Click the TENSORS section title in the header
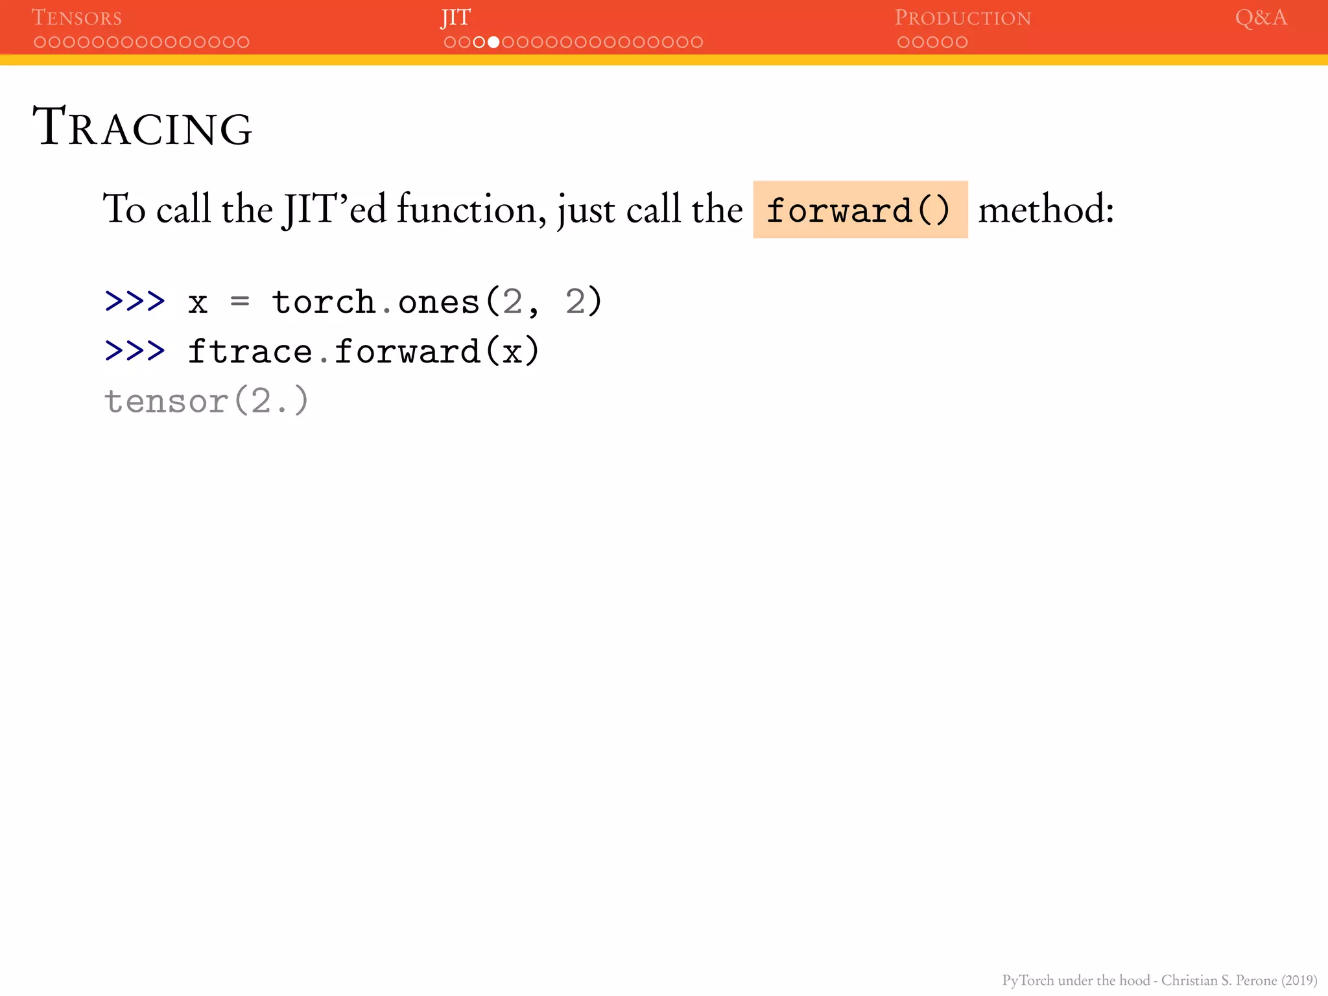(77, 18)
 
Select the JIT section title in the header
(456, 18)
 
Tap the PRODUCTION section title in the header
(962, 18)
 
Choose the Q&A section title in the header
(1261, 18)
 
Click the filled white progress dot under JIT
(493, 42)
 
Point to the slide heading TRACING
(143, 127)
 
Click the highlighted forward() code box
(860, 210)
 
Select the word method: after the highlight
(1046, 210)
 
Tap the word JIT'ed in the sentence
(334, 209)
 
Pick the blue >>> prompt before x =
(135, 302)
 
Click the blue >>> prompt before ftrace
(135, 351)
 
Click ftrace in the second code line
(250, 351)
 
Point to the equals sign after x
(240, 302)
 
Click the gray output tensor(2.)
(206, 401)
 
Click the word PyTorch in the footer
(1028, 980)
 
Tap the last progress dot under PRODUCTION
(962, 42)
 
